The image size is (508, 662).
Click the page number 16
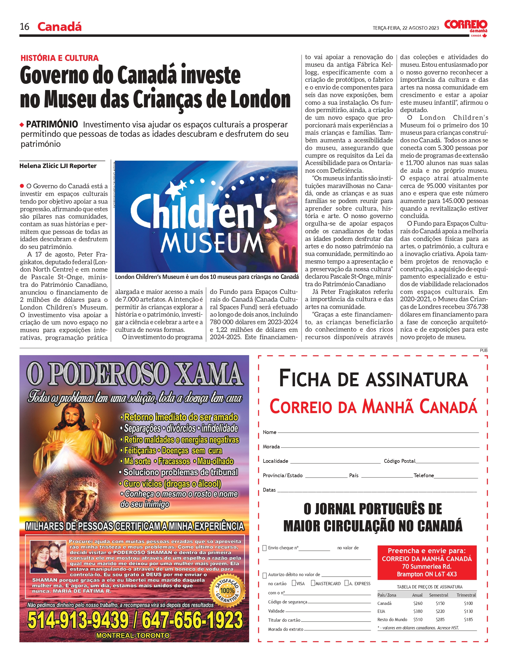pyautogui.click(x=24, y=26)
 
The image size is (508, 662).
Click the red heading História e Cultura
pyautogui.click(x=59, y=58)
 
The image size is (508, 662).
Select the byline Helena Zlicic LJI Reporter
pyautogui.click(x=58, y=166)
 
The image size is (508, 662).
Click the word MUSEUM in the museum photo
pyautogui.click(x=212, y=243)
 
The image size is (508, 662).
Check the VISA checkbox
pyautogui.click(x=294, y=583)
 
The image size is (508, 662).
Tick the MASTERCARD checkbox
pyautogui.click(x=313, y=583)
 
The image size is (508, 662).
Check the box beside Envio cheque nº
pyautogui.click(x=264, y=548)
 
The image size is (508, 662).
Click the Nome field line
pyautogui.click(x=378, y=432)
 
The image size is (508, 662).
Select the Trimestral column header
pyautogui.click(x=466, y=595)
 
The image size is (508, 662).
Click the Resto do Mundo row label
pyautogui.click(x=392, y=619)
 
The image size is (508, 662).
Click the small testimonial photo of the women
pyautogui.click(x=48, y=557)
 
